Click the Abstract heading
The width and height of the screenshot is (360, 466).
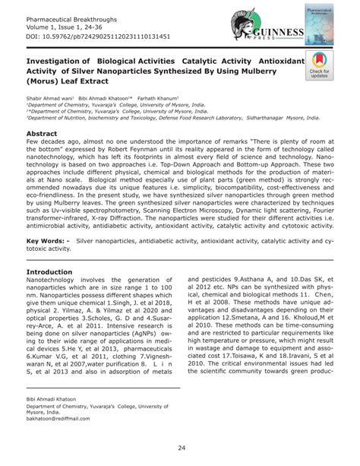point(46,132)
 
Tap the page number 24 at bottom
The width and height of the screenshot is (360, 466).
point(180,447)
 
